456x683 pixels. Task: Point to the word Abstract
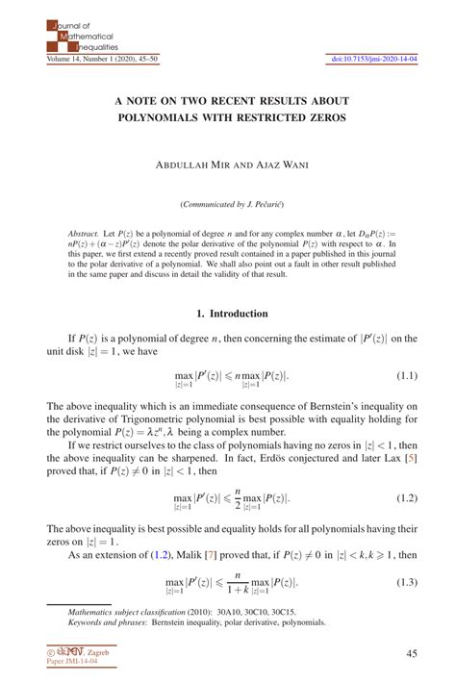[x=84, y=234]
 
